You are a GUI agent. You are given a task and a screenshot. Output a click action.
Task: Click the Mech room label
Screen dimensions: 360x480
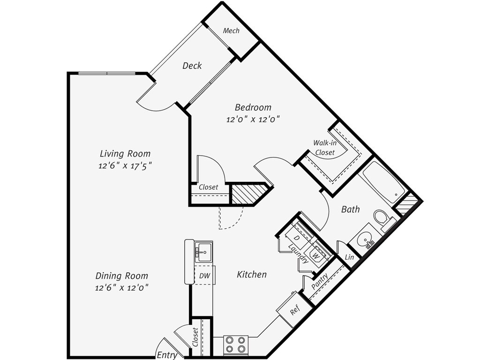point(231,31)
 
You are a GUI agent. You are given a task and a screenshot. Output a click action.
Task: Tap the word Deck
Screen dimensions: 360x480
point(192,66)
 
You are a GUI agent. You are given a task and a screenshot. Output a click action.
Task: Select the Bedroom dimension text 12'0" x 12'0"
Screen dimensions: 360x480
point(253,119)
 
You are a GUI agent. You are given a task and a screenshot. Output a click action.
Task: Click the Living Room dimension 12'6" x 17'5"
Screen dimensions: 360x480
point(125,165)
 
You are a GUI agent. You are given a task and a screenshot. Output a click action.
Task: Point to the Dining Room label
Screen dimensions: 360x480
point(122,276)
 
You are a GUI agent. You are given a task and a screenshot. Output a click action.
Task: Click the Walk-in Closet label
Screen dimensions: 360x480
point(324,148)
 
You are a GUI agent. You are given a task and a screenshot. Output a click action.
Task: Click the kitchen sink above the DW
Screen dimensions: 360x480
point(203,252)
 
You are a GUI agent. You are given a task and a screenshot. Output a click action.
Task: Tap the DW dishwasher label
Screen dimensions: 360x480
point(204,276)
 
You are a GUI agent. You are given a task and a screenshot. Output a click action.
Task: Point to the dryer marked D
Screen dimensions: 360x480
point(296,238)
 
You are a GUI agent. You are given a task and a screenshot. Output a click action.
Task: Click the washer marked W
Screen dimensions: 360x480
point(317,256)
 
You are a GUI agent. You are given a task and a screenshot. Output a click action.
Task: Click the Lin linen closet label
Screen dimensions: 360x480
point(349,257)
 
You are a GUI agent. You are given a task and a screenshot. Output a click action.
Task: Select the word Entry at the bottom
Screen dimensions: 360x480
point(167,355)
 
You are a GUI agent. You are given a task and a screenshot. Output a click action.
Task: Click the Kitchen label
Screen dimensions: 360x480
point(252,274)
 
